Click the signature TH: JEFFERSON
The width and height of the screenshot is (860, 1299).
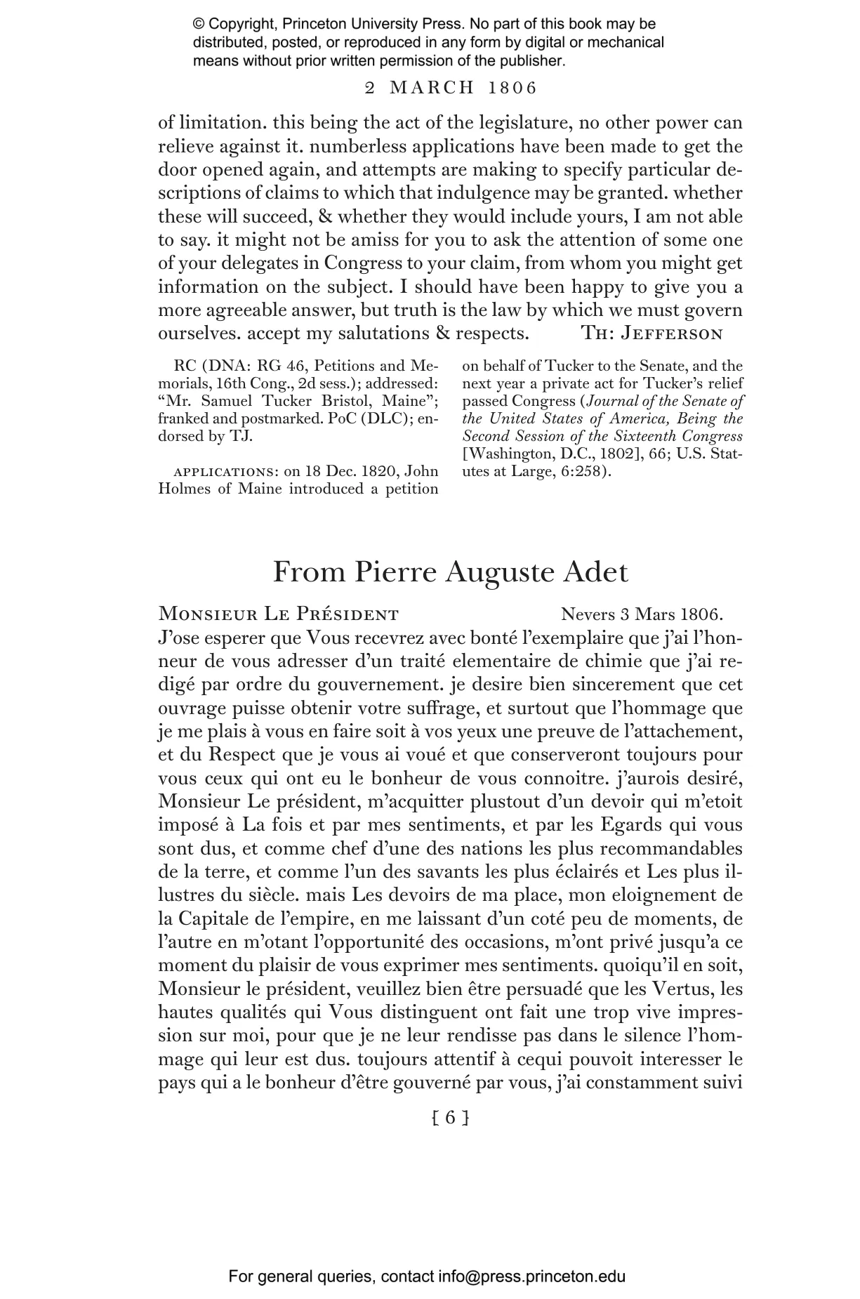(652, 334)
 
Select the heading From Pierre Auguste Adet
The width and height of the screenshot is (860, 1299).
(450, 572)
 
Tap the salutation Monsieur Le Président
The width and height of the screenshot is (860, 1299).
(279, 614)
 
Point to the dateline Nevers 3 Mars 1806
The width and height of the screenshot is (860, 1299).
(642, 614)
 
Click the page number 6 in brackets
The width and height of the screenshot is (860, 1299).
(450, 1116)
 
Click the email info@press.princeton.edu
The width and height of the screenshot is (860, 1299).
(531, 1277)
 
